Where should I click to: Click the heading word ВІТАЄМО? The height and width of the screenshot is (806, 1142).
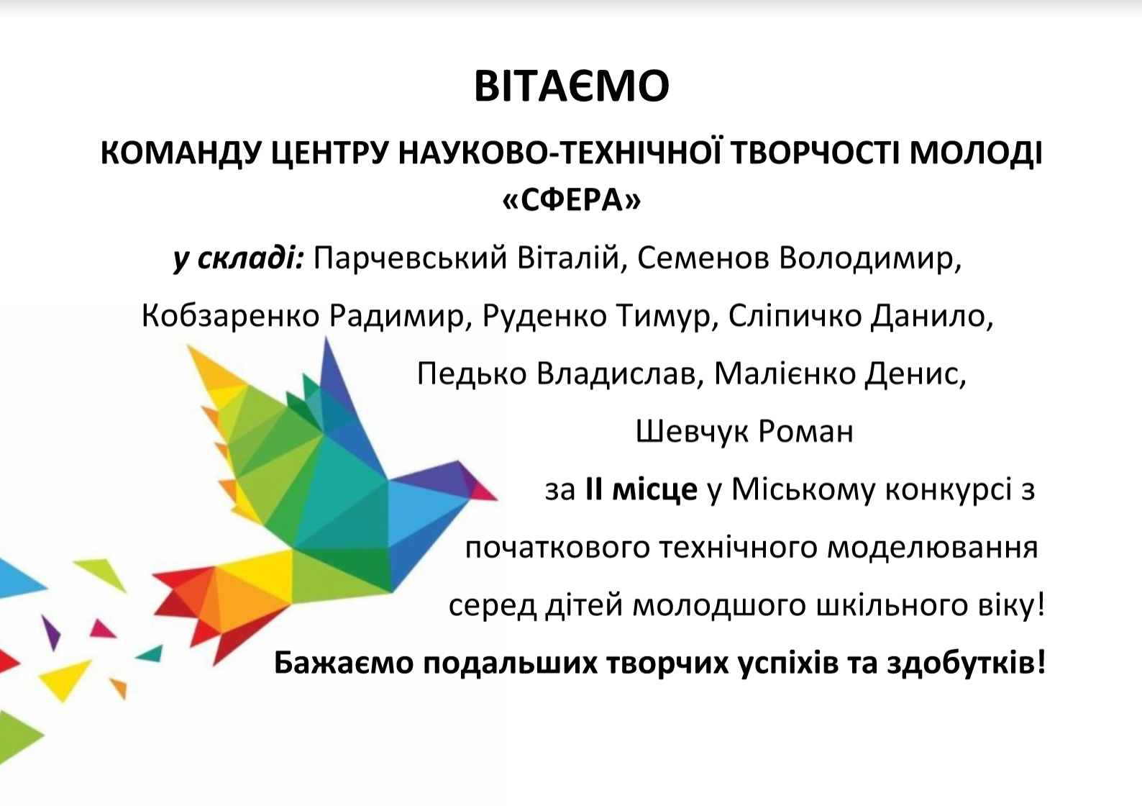572,86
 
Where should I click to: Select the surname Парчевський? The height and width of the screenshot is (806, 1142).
410,259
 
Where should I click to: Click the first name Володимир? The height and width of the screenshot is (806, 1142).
870,259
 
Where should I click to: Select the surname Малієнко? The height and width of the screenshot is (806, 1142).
785,373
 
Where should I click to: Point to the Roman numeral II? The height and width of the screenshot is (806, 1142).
594,490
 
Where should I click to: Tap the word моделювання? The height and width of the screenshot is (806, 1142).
933,548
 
